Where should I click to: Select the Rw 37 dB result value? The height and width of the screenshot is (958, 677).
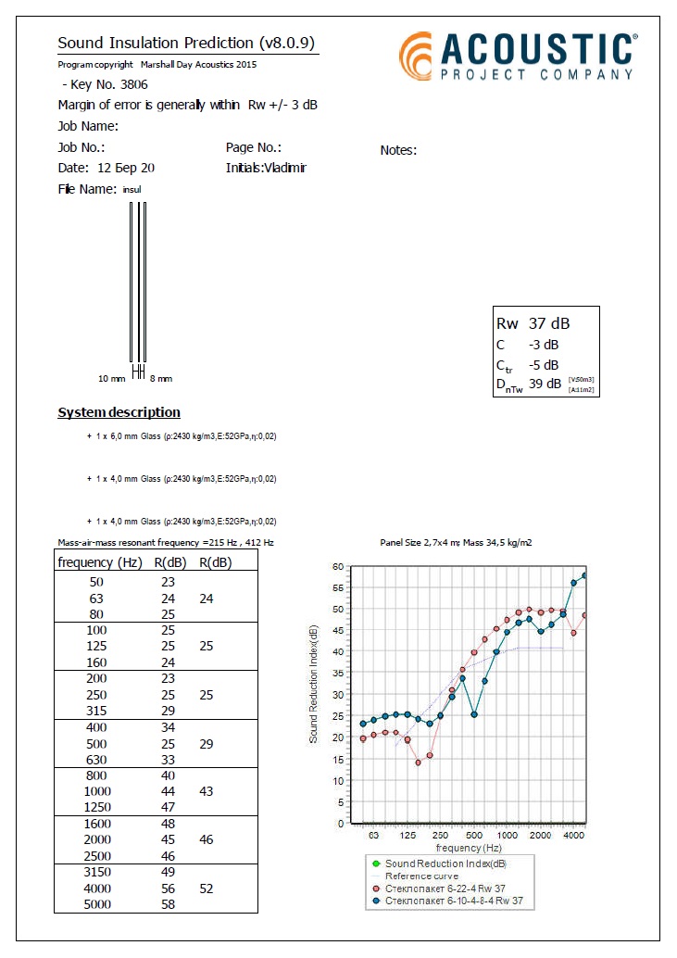coord(533,323)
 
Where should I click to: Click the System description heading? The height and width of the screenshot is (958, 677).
coord(119,412)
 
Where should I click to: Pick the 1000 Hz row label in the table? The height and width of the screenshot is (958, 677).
coord(97,791)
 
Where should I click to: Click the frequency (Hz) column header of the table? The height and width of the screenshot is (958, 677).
coord(100,562)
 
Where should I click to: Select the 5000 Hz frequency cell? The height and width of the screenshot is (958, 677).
coord(97,904)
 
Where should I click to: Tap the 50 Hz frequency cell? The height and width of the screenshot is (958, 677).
coord(97,582)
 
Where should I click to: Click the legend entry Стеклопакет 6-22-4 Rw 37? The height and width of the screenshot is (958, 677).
coord(445,889)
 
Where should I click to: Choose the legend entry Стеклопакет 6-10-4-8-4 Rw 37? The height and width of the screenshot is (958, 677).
coord(453,901)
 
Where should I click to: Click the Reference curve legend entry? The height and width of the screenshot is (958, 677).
coord(421,876)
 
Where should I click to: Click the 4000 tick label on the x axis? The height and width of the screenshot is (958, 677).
coord(574,835)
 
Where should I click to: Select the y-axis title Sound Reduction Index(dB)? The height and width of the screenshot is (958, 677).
coord(314,684)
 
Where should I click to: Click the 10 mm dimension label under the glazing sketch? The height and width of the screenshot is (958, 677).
coord(111,379)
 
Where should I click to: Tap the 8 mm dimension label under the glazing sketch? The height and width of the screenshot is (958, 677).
coord(161,379)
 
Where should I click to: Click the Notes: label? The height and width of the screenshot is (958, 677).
coord(398,150)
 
